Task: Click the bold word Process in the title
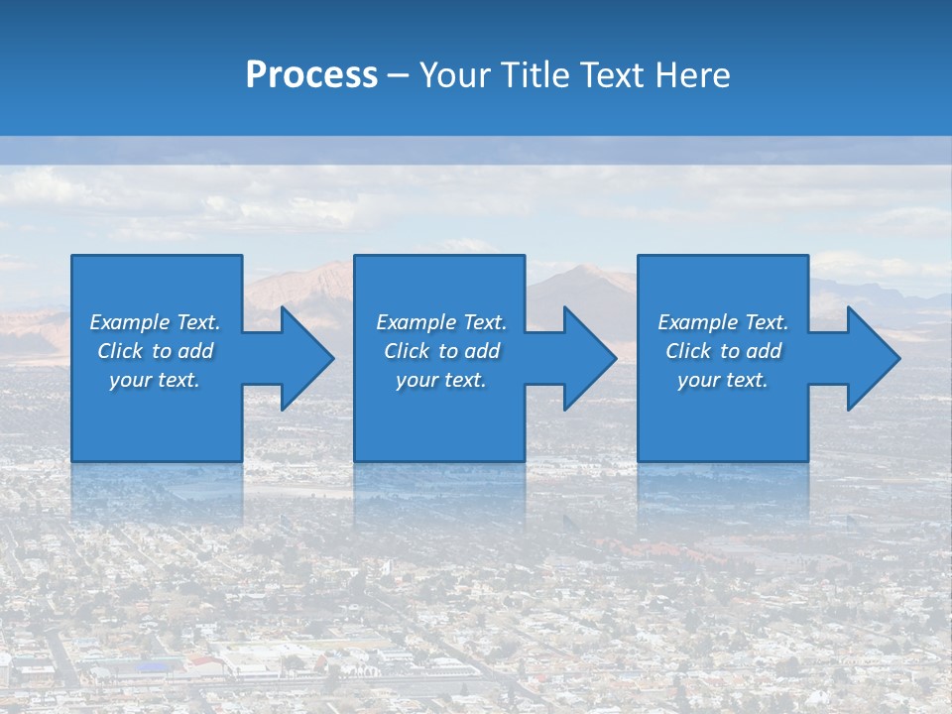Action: [311, 75]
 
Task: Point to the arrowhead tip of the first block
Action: [333, 358]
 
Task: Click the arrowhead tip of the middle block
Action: [616, 358]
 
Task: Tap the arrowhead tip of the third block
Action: [899, 358]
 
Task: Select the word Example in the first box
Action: [129, 322]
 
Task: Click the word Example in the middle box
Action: [416, 322]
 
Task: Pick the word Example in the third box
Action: [697, 322]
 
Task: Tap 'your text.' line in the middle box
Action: [440, 380]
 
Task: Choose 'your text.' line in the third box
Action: [722, 380]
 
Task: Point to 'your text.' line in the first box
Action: [155, 380]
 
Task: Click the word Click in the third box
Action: [689, 351]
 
